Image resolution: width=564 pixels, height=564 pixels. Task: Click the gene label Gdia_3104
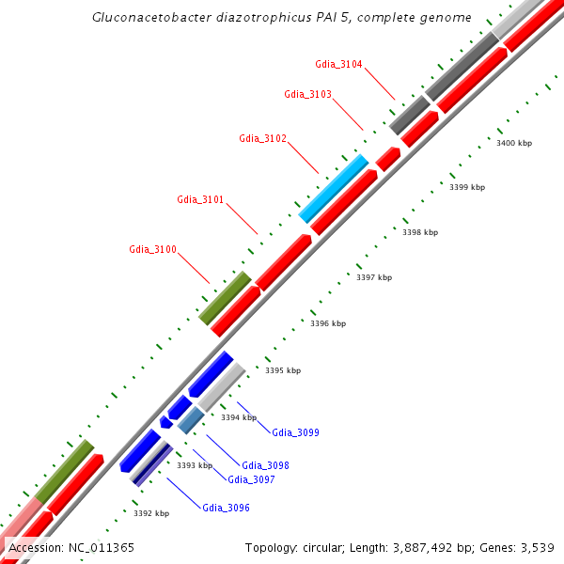coord(338,64)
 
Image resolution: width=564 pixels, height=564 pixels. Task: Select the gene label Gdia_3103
coord(307,94)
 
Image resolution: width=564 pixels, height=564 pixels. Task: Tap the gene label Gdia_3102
coord(262,139)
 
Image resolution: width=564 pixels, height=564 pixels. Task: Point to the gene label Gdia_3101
coord(200,199)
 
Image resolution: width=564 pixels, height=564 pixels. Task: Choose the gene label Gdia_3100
coord(152,249)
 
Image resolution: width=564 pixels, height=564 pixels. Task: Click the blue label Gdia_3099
coord(295,433)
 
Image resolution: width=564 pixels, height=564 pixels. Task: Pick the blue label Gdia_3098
coord(265,465)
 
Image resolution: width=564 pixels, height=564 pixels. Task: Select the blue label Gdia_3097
coord(251,479)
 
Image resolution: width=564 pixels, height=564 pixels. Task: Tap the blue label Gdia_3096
coord(226,509)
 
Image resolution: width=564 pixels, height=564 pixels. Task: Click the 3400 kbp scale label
coord(514,143)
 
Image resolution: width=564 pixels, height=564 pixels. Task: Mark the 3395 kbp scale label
coord(283,370)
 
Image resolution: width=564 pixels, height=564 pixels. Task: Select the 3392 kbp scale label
coord(151,513)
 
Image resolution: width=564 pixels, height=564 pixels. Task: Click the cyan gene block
coord(333,188)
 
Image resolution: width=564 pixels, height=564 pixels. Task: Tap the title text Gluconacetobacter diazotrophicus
coord(206,18)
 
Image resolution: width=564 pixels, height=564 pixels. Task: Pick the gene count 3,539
coord(537,547)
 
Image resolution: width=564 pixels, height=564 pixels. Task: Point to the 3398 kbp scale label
coord(420,232)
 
